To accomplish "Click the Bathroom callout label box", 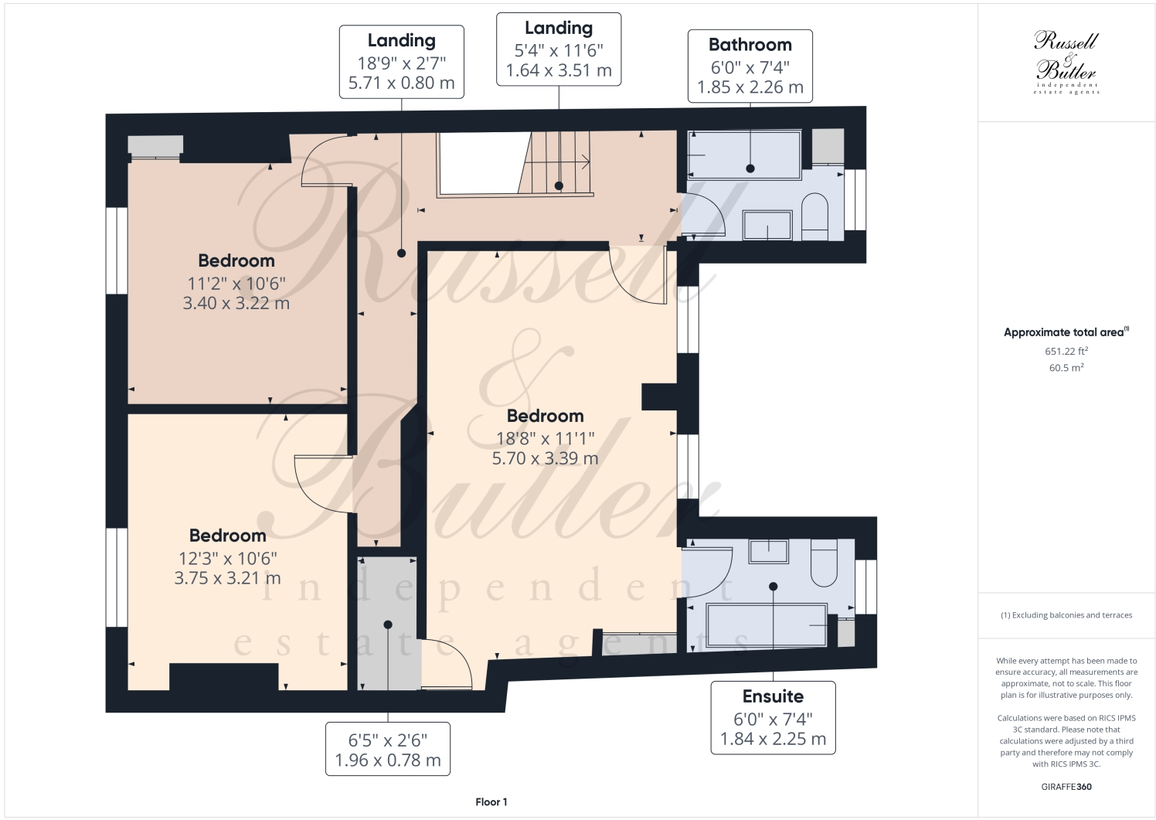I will tap(750, 66).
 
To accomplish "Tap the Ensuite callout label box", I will tap(773, 717).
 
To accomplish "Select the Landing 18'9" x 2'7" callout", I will tap(401, 62).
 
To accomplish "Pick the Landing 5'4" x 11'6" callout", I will tap(558, 49).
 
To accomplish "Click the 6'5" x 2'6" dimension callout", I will tap(387, 748).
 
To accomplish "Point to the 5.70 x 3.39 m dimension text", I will tap(545, 458).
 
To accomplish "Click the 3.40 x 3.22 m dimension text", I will tap(236, 303).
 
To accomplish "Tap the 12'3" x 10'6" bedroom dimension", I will tap(227, 557).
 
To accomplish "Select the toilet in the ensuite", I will tap(824, 563).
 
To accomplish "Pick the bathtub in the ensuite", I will tap(767, 624).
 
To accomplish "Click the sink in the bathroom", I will tap(767, 225).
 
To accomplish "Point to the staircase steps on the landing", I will tap(558, 162).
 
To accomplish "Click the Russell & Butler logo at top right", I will tap(1066, 62).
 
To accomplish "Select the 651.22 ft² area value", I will tap(1066, 351).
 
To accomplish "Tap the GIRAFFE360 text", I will tap(1066, 787).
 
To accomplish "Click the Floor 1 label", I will tap(491, 802).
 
